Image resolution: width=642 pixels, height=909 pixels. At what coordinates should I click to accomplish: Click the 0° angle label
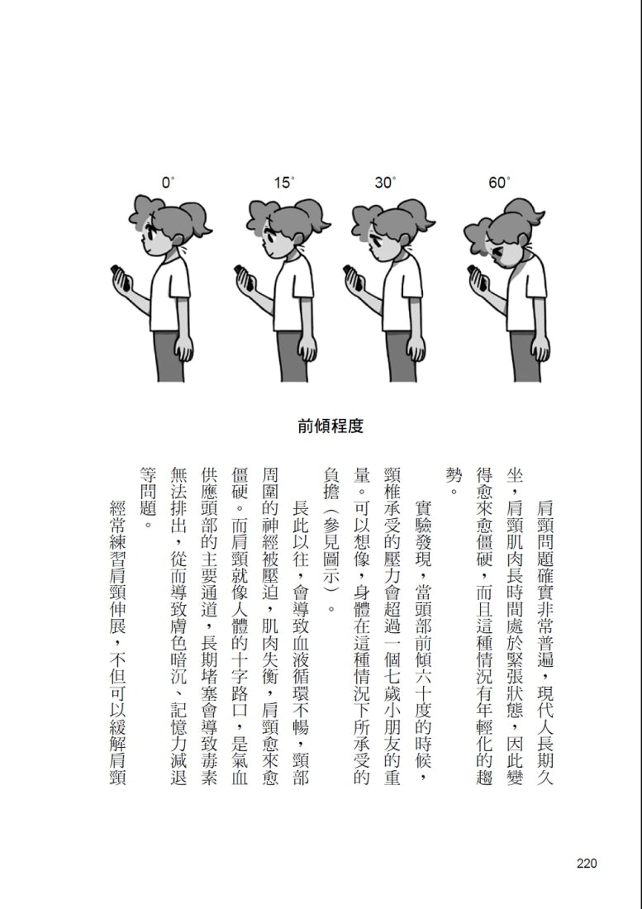(168, 183)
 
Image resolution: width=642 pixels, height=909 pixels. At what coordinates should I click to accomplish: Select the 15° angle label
(284, 183)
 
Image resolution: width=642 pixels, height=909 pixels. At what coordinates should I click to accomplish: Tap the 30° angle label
(385, 183)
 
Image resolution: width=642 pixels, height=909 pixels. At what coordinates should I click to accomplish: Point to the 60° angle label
(499, 183)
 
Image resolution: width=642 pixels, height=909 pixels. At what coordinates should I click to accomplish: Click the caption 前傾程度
(331, 426)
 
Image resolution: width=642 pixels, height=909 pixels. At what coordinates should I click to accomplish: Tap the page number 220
(587, 864)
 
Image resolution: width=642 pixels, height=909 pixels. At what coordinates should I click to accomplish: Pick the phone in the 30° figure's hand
(353, 277)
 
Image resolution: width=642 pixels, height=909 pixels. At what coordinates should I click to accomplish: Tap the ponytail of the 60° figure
(523, 210)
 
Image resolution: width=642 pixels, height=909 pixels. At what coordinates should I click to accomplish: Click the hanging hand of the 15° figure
(307, 348)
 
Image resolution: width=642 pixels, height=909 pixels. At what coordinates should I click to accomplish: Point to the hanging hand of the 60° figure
(540, 348)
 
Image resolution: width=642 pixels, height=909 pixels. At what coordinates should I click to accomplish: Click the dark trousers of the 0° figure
(169, 356)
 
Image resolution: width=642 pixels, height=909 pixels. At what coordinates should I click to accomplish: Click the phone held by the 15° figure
(243, 277)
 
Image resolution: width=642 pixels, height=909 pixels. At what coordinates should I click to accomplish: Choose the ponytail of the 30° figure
(419, 215)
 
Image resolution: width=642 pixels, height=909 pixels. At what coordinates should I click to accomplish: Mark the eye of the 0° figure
(149, 236)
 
